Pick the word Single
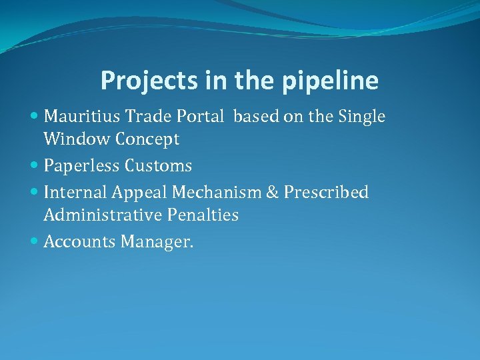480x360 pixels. [361, 117]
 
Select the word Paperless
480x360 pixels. [80, 165]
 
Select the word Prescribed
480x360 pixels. [326, 193]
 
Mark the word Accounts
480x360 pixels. [79, 241]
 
